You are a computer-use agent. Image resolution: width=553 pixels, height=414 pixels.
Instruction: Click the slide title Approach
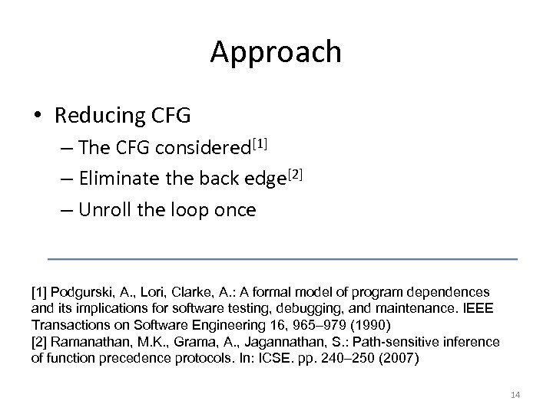point(276,53)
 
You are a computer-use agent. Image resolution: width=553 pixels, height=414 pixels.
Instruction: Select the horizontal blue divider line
point(282,259)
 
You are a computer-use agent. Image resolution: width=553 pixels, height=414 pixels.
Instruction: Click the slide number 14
point(515,395)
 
